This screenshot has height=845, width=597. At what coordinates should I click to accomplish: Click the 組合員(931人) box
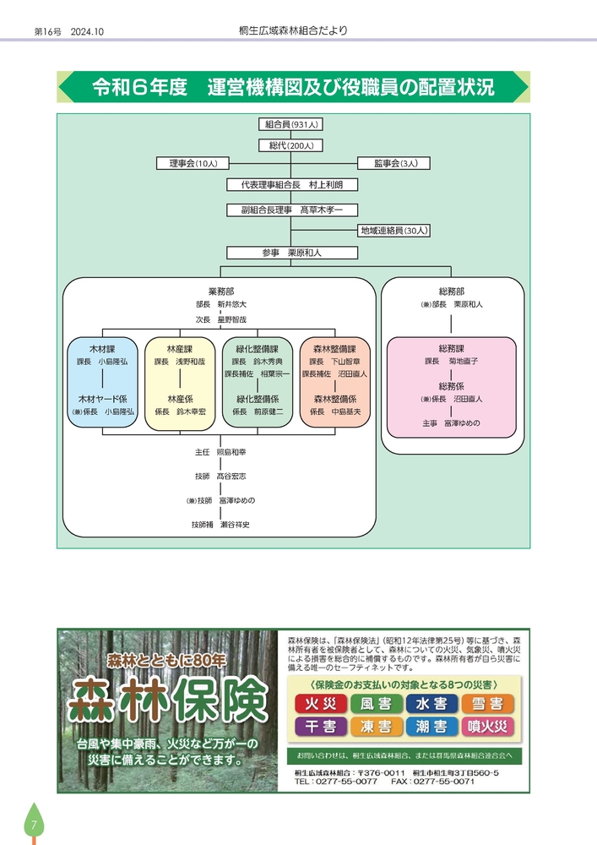pos(291,124)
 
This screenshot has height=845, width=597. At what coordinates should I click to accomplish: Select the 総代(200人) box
pos(291,145)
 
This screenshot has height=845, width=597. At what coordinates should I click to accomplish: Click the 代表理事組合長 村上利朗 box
pos(291,185)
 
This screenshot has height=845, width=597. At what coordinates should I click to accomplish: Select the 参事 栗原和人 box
pos(291,252)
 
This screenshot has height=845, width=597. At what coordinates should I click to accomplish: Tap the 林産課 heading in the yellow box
pos(179,348)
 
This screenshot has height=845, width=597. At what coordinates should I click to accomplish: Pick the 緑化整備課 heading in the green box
pos(257,348)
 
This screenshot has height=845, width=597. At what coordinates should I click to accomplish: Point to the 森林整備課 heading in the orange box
pos(334,348)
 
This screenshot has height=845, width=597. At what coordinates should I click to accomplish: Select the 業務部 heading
pos(220,291)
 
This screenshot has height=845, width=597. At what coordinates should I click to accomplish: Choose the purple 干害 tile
pos(317,726)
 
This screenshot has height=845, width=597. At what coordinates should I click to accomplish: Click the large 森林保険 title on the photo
pos(168,699)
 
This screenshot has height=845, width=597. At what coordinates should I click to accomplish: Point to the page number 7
pos(34,825)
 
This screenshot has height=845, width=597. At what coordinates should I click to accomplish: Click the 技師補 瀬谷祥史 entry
pos(220,524)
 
